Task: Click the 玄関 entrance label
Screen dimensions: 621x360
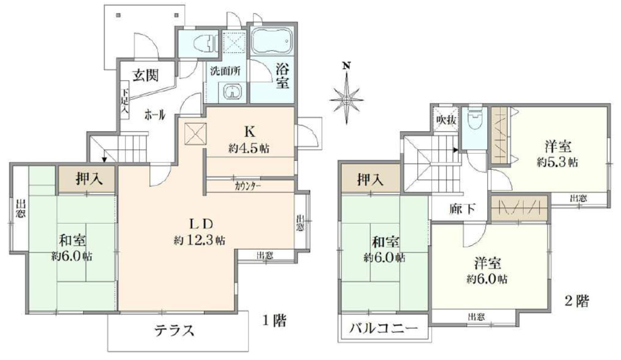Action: pyautogui.click(x=145, y=75)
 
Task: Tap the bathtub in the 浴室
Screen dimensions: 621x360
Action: pyautogui.click(x=272, y=42)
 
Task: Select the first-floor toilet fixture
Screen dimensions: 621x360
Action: pyautogui.click(x=205, y=44)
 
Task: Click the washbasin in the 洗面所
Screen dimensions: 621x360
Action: pyautogui.click(x=232, y=92)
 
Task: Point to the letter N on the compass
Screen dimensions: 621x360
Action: pyautogui.click(x=346, y=65)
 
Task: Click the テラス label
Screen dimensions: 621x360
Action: pyautogui.click(x=174, y=330)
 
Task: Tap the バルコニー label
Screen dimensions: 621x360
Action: pyautogui.click(x=383, y=329)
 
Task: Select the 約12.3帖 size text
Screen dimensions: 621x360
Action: pyautogui.click(x=199, y=240)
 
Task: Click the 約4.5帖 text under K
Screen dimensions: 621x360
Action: pyautogui.click(x=249, y=149)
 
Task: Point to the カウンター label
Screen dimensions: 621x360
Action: pyautogui.click(x=247, y=186)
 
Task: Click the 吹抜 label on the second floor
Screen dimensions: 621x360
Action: pyautogui.click(x=446, y=120)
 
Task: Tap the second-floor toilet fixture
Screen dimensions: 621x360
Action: pyautogui.click(x=474, y=118)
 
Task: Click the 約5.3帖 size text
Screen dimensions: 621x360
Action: pyautogui.click(x=557, y=162)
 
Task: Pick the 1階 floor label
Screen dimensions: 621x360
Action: pyautogui.click(x=274, y=321)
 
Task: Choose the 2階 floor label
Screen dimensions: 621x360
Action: pyautogui.click(x=577, y=301)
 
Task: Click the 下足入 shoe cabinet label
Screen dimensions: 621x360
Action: pyautogui.click(x=125, y=100)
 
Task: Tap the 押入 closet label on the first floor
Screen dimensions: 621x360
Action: pyautogui.click(x=89, y=179)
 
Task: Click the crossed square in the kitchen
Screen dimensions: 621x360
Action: pyautogui.click(x=196, y=134)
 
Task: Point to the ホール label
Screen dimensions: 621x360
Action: pyautogui.click(x=155, y=115)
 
